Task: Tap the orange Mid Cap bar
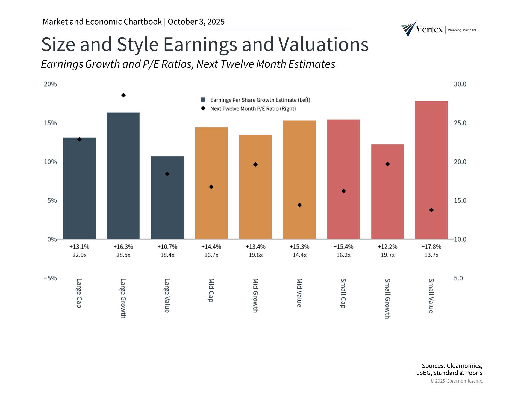(211, 183)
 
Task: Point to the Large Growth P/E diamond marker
(123, 95)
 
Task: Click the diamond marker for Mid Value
(299, 205)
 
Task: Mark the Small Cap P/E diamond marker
(344, 191)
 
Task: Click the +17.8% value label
(431, 247)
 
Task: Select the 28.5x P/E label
(123, 255)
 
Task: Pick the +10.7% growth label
(167, 247)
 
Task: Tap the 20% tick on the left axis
(51, 84)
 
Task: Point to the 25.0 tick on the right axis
(460, 123)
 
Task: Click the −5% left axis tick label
(51, 278)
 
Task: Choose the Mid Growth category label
(255, 296)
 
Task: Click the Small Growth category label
(387, 299)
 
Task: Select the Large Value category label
(167, 296)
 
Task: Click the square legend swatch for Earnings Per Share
(203, 100)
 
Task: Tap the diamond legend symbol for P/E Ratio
(203, 108)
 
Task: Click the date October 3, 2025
(196, 22)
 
